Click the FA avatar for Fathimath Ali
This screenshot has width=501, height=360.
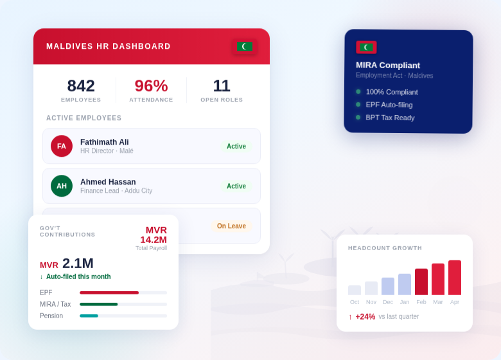tap(62, 146)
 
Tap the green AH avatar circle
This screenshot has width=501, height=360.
tap(62, 186)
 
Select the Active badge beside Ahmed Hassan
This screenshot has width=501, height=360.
tap(236, 186)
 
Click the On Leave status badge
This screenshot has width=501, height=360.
tap(231, 226)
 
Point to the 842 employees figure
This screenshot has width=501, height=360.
tap(81, 85)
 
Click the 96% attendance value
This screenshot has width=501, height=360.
tap(151, 85)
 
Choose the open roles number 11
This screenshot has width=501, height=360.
tap(222, 85)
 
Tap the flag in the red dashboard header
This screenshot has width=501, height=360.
tap(245, 46)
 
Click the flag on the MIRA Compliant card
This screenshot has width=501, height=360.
tap(366, 47)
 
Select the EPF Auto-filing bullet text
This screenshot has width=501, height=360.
tap(389, 105)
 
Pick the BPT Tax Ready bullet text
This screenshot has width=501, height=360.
tap(390, 118)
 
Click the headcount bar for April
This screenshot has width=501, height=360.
tap(455, 278)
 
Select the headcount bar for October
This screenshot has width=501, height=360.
tap(355, 290)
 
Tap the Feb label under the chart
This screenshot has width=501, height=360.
tap(421, 302)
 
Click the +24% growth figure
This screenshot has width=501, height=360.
tap(365, 316)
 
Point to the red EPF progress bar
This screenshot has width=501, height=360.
tap(109, 292)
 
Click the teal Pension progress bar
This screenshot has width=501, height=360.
tap(89, 316)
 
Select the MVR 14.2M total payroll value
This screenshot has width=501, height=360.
tap(154, 235)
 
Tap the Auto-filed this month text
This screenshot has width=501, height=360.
tap(78, 276)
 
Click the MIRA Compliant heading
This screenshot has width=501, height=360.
tap(388, 65)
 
